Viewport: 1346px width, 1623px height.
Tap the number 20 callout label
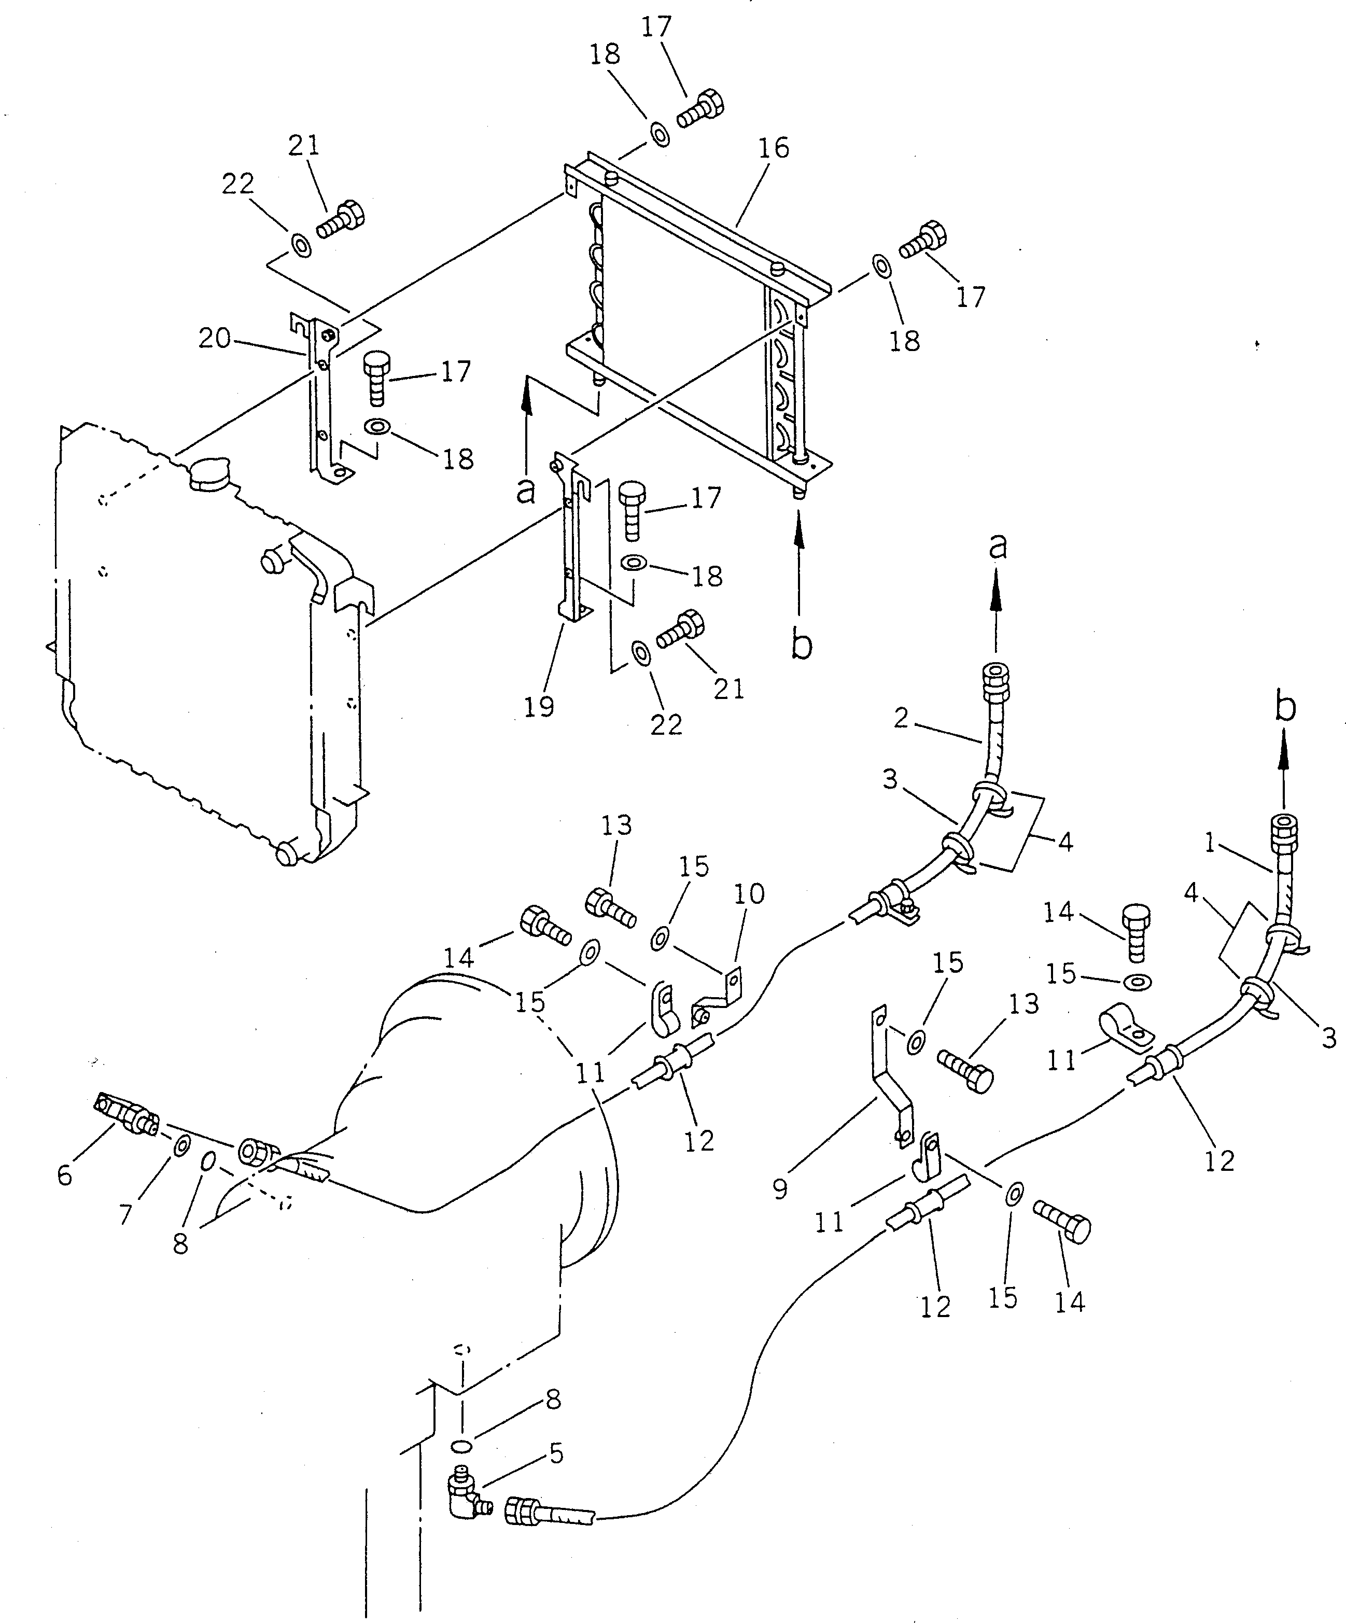tap(214, 338)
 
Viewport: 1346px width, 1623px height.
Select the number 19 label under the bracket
tap(539, 706)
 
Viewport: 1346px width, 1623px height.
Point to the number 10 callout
tap(749, 893)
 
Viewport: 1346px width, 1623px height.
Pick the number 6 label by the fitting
tap(64, 1176)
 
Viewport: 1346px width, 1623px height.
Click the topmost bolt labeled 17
tap(701, 107)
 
